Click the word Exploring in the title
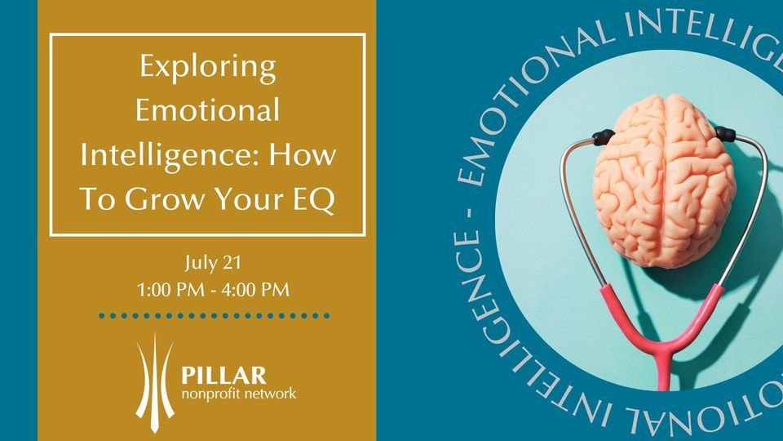coord(207,68)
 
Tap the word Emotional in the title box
coord(207,110)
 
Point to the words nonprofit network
coord(238,394)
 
